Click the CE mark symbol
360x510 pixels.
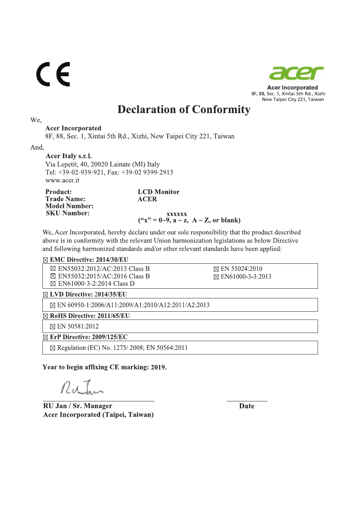pyautogui.click(x=53, y=74)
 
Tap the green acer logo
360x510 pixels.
pyautogui.click(x=296, y=73)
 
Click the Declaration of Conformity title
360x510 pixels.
pyautogui.click(x=184, y=109)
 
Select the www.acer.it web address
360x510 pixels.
pyautogui.click(x=62, y=180)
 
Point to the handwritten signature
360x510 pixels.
pyautogui.click(x=81, y=388)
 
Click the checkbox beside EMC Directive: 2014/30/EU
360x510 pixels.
pyautogui.click(x=45, y=260)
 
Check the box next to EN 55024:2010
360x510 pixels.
pyautogui.click(x=216, y=269)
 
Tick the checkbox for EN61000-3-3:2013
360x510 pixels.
pyautogui.click(x=216, y=277)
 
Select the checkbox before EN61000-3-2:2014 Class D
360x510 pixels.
pyautogui.click(x=53, y=284)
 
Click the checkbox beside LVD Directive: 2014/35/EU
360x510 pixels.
pyautogui.click(x=45, y=295)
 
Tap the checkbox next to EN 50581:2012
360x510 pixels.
pyautogui.click(x=52, y=327)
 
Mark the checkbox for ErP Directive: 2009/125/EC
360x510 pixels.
pyautogui.click(x=45, y=337)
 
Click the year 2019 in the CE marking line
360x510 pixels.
pyautogui.click(x=158, y=368)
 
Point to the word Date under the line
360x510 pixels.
pyautogui.click(x=247, y=406)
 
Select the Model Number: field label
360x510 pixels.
pyautogui.click(x=69, y=206)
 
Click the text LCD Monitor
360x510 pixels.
pyautogui.click(x=158, y=192)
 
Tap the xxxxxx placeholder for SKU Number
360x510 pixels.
pyautogui.click(x=177, y=214)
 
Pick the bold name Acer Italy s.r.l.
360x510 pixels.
pyautogui.click(x=68, y=156)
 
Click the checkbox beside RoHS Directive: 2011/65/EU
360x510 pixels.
pyautogui.click(x=45, y=316)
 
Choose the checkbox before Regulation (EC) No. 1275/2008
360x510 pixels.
pyautogui.click(x=52, y=348)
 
